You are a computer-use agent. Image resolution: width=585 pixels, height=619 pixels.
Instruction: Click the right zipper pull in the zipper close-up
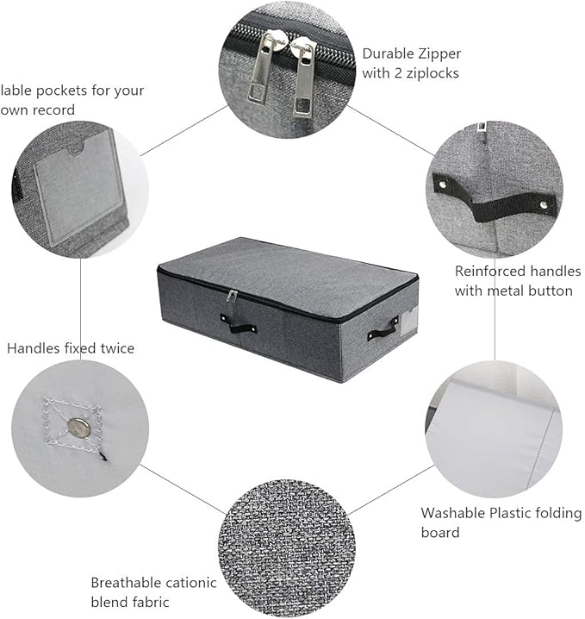click(303, 78)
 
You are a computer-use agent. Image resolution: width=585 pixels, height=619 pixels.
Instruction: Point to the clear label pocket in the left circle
click(80, 185)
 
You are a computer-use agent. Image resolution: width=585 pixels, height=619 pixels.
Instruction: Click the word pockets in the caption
click(61, 91)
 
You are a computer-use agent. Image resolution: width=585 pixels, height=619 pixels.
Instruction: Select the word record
click(53, 109)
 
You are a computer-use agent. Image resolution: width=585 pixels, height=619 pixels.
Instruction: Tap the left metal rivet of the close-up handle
click(443, 184)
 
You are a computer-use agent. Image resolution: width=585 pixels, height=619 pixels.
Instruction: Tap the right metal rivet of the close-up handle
click(545, 205)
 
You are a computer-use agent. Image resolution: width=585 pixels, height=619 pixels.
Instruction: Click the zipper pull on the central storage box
click(232, 296)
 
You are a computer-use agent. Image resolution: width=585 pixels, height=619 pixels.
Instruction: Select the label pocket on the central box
click(408, 321)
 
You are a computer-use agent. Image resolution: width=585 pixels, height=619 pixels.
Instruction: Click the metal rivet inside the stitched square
click(79, 428)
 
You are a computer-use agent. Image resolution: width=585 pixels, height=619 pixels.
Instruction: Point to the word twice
click(117, 348)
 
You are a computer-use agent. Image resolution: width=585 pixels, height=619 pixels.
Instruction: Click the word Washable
click(452, 513)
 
